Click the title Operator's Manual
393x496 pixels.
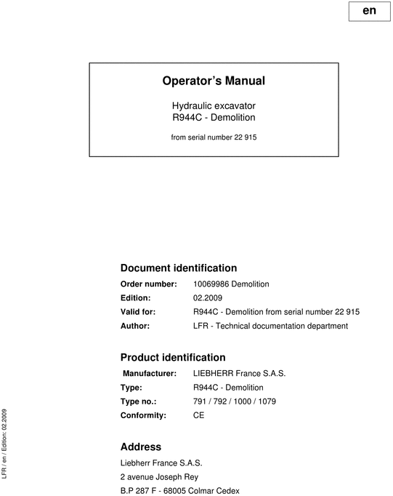click(214, 81)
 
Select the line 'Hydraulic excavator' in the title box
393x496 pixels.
click(214, 105)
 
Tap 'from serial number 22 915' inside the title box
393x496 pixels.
click(214, 135)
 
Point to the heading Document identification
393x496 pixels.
click(178, 268)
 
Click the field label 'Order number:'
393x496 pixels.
click(148, 284)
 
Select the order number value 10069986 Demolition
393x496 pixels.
click(232, 284)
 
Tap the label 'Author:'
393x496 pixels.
click(135, 326)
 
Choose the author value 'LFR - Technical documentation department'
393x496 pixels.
click(271, 326)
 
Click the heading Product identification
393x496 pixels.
click(172, 357)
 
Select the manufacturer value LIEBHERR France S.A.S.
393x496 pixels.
click(240, 374)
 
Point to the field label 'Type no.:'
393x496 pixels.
click(138, 401)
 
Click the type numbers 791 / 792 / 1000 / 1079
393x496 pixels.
click(235, 401)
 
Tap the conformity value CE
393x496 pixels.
click(199, 415)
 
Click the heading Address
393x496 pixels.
click(140, 447)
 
